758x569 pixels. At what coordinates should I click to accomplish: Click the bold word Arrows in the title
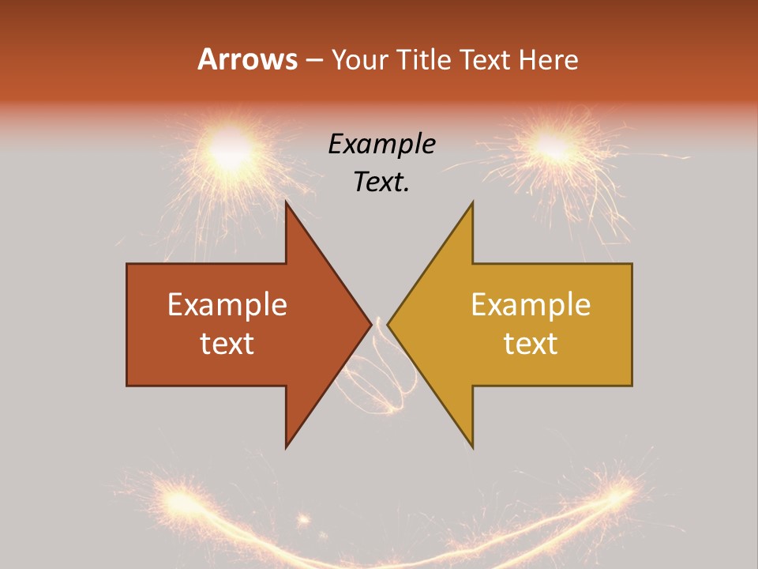[x=248, y=59]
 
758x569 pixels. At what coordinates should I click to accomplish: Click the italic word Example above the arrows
[x=381, y=144]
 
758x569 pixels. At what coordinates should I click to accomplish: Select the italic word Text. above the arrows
[x=381, y=182]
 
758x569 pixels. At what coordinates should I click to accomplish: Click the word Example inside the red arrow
[x=227, y=304]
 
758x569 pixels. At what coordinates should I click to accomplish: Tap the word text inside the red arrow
[x=227, y=343]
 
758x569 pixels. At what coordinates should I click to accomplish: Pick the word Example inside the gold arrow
[x=531, y=304]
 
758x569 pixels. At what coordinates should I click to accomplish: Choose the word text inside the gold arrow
[x=531, y=343]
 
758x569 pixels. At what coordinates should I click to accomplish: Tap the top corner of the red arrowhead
[x=287, y=203]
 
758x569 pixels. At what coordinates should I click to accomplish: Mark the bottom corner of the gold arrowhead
[x=472, y=446]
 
